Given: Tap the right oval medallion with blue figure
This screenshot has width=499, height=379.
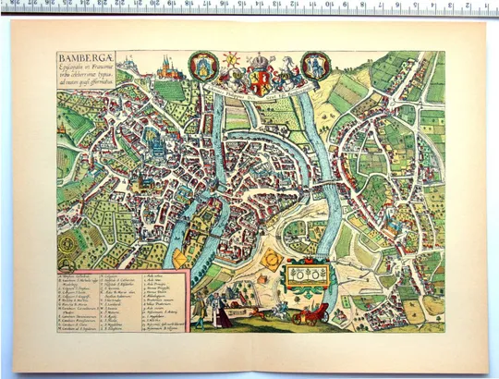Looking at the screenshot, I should click(x=316, y=66).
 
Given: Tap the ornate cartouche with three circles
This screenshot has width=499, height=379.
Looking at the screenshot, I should click(x=304, y=275).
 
